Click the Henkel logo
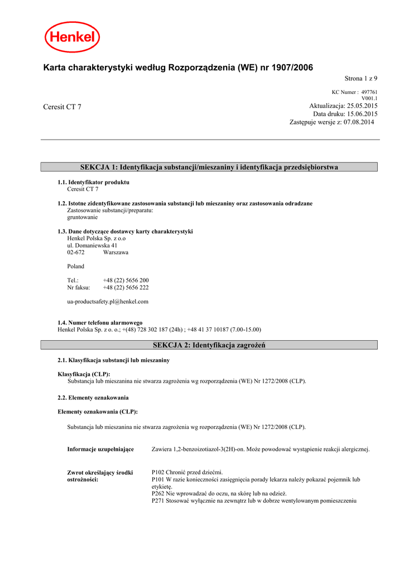[73, 37]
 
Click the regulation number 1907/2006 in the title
[292, 68]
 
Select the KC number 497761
[369, 92]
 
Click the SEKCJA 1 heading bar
[209, 167]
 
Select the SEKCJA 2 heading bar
[209, 345]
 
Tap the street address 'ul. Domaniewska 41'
[92, 245]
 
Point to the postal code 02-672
[76, 252]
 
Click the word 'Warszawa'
[116, 252]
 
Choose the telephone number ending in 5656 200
[126, 280]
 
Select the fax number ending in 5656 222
[126, 288]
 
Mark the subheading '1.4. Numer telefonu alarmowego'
[100, 323]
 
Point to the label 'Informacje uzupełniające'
[100, 449]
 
